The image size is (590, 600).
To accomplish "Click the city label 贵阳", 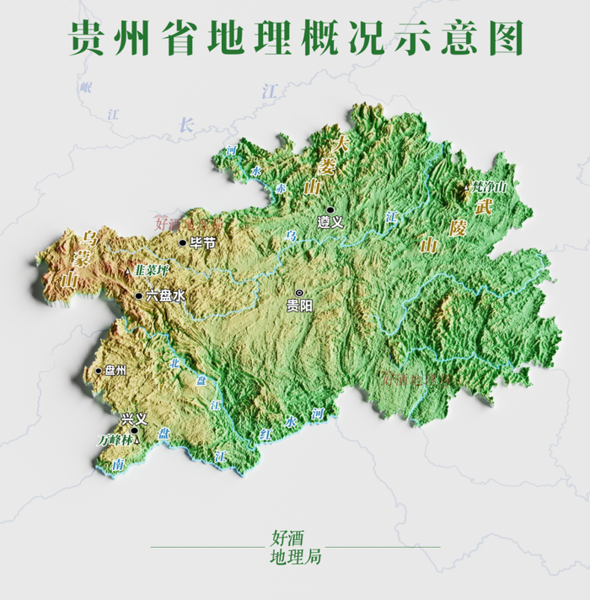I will point(299,306).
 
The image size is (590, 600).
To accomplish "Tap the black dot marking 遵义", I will point(331,209).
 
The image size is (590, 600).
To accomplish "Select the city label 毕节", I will point(202,243).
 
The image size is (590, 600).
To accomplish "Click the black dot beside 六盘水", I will point(139,295).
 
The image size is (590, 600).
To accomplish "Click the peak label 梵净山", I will point(490,186).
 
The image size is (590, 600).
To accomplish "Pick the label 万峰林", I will point(114,440).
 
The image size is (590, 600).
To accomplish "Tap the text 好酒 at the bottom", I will point(287,537).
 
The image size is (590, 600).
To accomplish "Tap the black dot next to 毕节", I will point(182,243).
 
